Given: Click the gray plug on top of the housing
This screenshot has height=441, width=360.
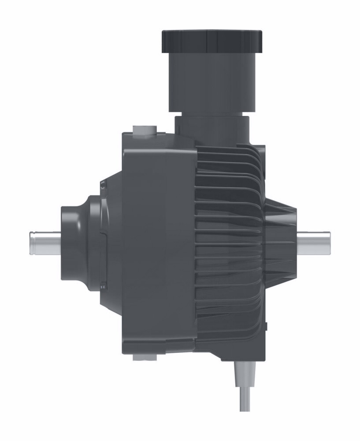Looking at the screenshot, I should [144, 130].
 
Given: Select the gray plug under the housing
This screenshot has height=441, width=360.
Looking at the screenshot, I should [144, 357].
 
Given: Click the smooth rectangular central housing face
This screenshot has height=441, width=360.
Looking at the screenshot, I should [159, 243].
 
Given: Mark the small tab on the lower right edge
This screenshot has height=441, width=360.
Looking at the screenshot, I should [267, 326].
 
